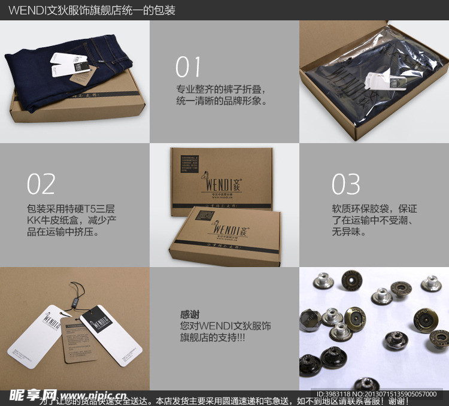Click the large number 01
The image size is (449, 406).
(x=189, y=67)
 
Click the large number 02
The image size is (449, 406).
(x=41, y=184)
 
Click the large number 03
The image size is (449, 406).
(x=346, y=184)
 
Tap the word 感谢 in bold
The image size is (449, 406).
(x=190, y=314)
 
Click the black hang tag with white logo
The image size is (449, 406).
(x=97, y=322)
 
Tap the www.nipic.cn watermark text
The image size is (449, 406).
(x=93, y=396)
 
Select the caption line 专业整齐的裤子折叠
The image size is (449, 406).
(x=220, y=90)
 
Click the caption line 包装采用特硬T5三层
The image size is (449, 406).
(x=71, y=209)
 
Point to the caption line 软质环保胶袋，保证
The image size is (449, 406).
(x=374, y=209)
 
